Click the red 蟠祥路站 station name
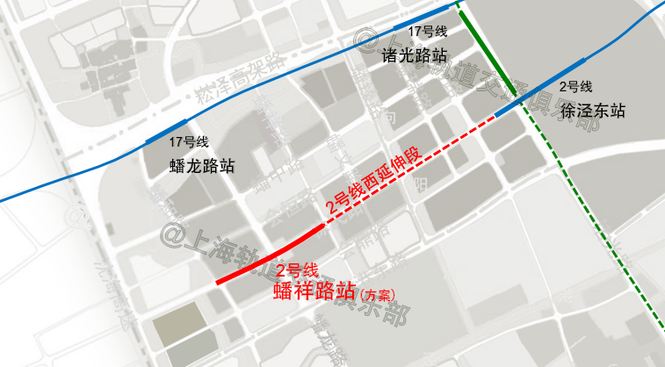pyautogui.click(x=314, y=291)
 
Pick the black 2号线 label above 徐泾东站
pyautogui.click(x=576, y=87)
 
